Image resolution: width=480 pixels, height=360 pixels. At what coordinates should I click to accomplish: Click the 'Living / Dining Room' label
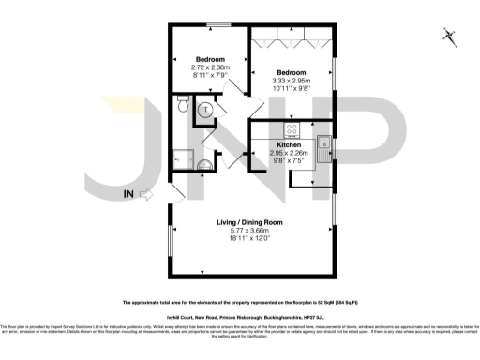249,221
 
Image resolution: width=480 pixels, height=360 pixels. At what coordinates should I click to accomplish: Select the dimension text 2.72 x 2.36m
210,67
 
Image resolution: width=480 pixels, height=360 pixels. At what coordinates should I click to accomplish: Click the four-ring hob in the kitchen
292,130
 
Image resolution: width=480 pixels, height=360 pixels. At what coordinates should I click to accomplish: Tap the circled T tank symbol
206,110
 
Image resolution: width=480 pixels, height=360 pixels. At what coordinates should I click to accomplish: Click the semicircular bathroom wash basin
205,167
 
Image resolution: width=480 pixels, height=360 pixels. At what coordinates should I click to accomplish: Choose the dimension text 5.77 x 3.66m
249,231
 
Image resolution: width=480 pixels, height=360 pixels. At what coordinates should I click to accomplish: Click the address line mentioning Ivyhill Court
240,319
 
